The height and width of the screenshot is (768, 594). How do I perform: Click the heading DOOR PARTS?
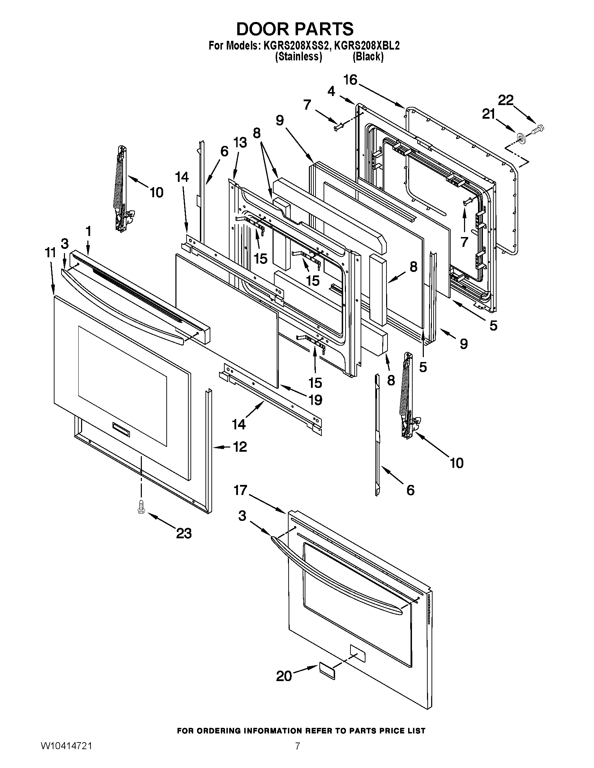(295, 29)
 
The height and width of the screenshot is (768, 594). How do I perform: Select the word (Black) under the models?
(368, 57)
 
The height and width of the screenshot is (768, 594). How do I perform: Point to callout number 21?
(488, 114)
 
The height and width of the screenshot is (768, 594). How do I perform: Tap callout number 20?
(284, 676)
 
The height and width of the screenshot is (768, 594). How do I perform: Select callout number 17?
(240, 490)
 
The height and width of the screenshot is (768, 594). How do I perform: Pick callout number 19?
(314, 400)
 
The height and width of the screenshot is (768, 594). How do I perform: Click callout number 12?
(239, 447)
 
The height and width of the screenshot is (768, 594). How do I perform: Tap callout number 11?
(50, 252)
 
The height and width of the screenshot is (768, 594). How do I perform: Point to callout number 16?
(350, 80)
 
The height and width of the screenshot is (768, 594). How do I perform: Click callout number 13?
(240, 142)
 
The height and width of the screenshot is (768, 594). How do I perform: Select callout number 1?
(88, 231)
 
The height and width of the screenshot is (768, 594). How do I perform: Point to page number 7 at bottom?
(297, 755)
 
